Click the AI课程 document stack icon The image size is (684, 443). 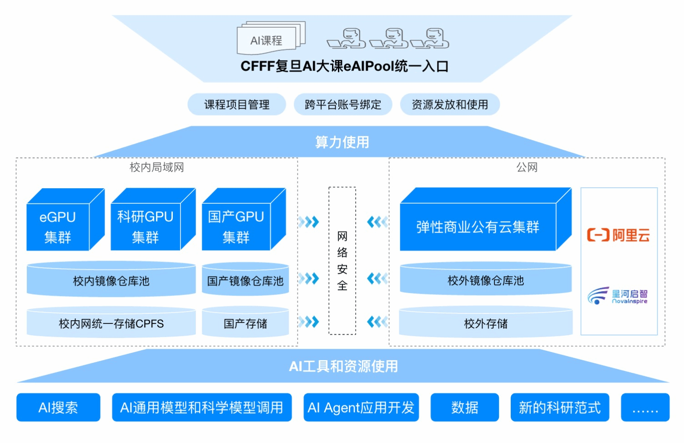[x=269, y=38]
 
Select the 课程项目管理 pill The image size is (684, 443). [x=236, y=105]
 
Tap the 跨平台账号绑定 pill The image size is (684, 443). [x=343, y=105]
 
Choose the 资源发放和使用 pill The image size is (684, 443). [x=450, y=105]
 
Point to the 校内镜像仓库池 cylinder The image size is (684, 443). [x=111, y=280]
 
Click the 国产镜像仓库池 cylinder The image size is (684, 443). [x=245, y=280]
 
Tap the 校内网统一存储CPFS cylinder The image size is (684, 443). [x=111, y=323]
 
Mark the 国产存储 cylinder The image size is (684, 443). [x=245, y=323]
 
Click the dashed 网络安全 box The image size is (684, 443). [x=342, y=261]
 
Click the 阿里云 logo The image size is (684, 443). [x=619, y=235]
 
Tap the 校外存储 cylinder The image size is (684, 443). [x=486, y=323]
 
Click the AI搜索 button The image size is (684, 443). [x=58, y=407]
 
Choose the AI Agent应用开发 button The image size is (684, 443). [x=361, y=407]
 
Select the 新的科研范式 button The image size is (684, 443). [x=559, y=407]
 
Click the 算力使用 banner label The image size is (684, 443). [x=342, y=142]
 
